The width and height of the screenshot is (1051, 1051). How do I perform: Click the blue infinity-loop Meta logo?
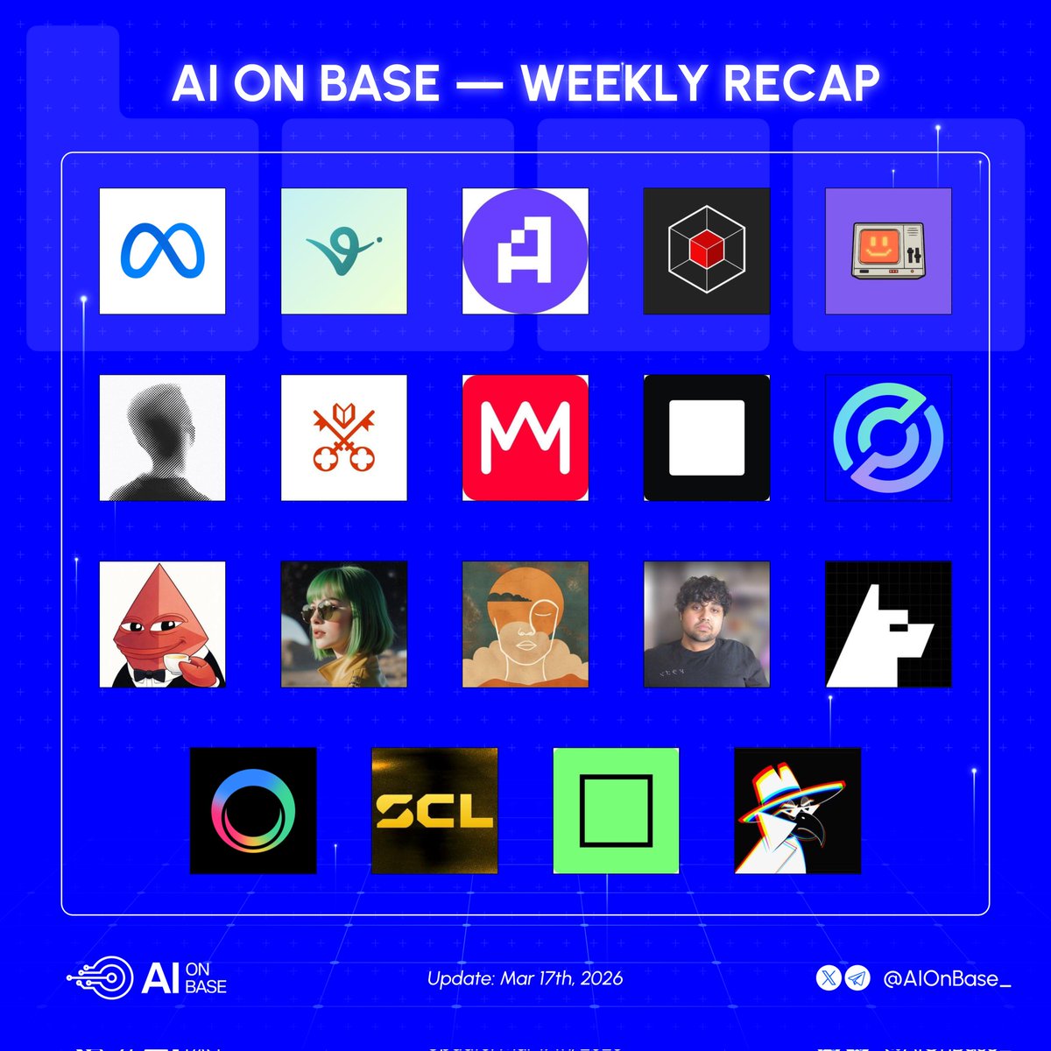162,251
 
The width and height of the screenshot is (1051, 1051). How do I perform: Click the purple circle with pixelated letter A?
525,251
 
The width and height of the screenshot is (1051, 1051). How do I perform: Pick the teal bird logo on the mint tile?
343,251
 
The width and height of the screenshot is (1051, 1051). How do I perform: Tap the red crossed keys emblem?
343,438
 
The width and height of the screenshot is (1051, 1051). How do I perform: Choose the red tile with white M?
525,438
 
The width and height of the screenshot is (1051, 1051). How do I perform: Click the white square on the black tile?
706,438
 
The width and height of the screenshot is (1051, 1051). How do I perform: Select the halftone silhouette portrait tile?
162,438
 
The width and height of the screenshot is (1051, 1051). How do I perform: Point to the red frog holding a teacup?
162,624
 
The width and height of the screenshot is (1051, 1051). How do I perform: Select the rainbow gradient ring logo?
253,810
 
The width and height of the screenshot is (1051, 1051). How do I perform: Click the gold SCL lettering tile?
434,810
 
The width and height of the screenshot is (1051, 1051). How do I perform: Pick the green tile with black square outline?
616,810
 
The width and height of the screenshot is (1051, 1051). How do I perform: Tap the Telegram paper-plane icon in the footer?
858,978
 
